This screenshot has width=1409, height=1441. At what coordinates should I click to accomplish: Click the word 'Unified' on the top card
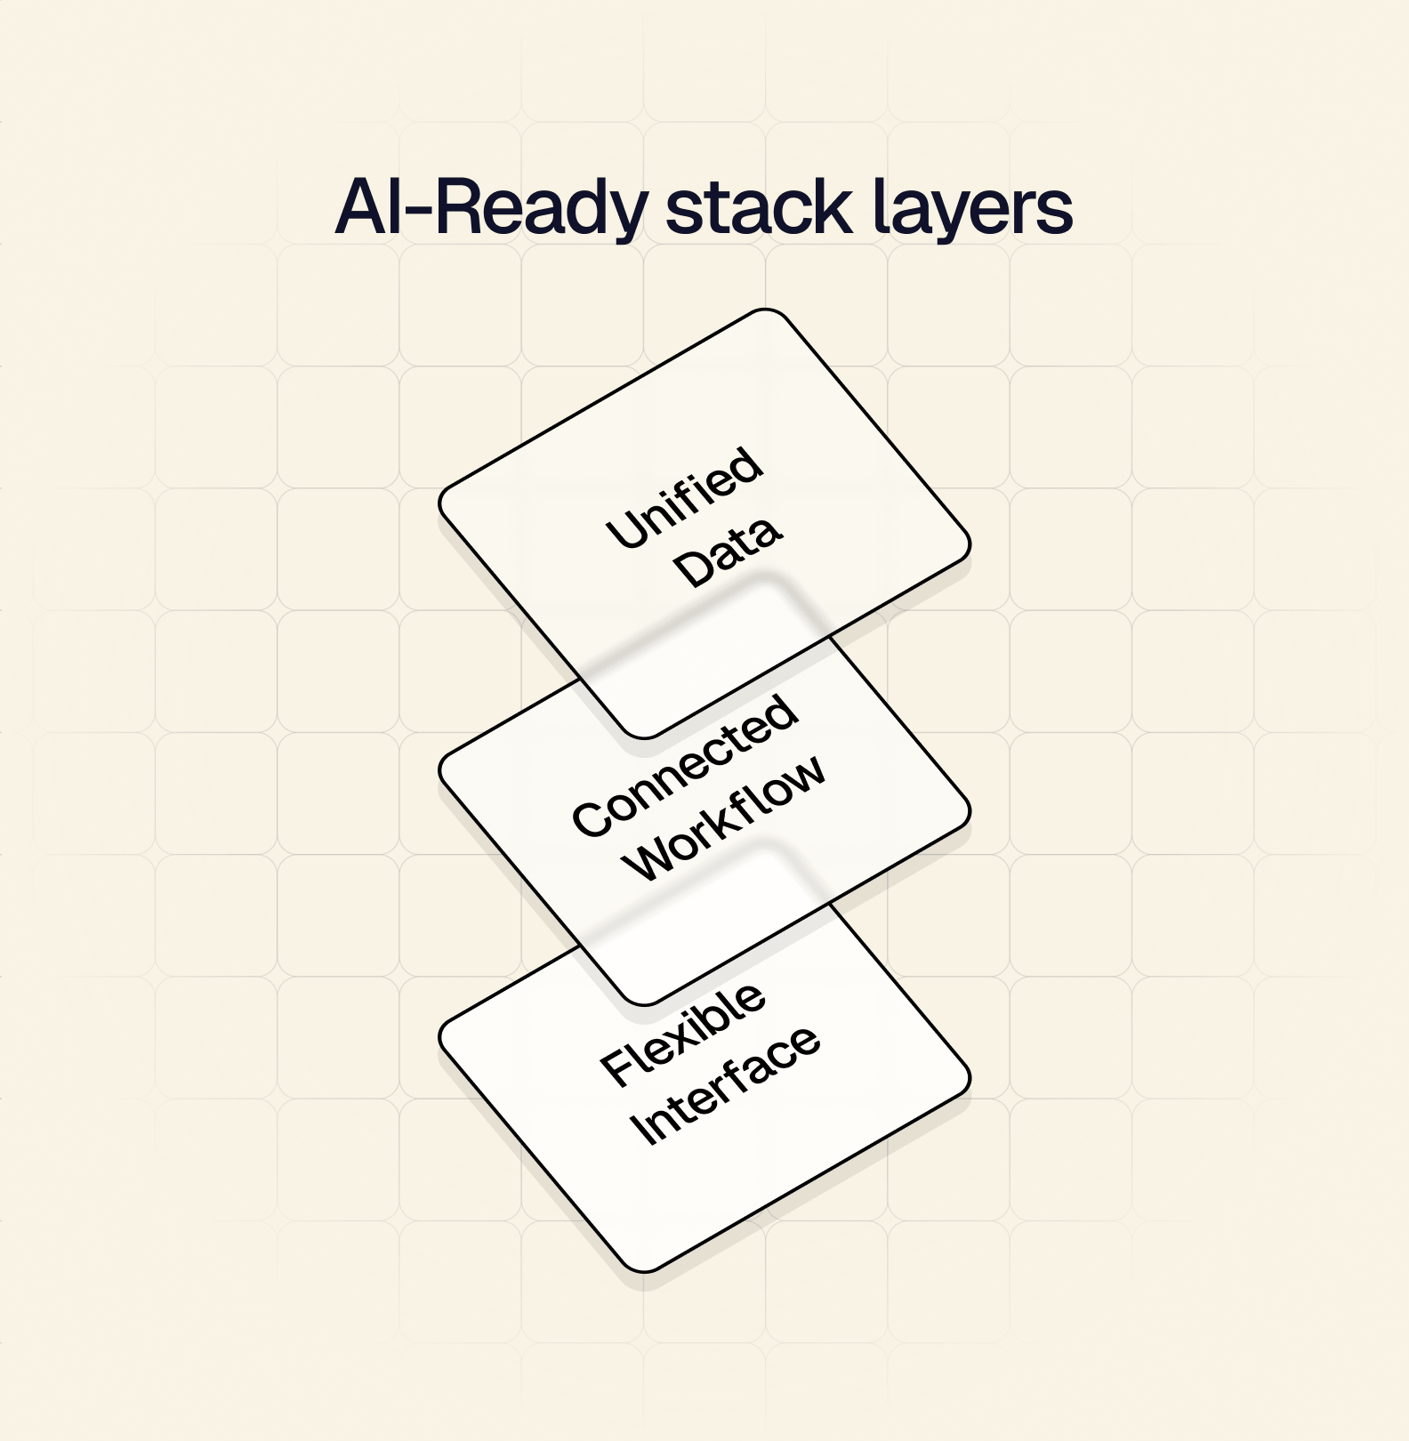click(684, 497)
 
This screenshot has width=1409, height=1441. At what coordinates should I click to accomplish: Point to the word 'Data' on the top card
click(728, 554)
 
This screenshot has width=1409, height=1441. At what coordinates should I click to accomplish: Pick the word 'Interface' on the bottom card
click(724, 1086)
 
